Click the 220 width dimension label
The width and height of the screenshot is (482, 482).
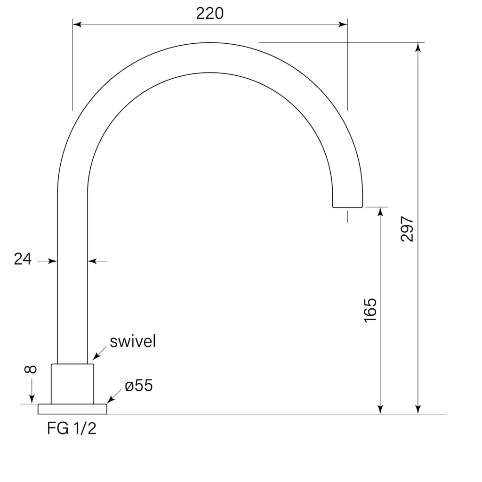click(x=209, y=13)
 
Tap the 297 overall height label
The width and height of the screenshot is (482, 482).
click(x=407, y=229)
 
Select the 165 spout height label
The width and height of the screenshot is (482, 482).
click(x=370, y=310)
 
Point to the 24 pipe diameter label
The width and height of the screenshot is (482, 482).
click(x=23, y=259)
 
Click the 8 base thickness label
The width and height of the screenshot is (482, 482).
click(x=31, y=369)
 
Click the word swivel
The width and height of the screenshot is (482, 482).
click(x=133, y=341)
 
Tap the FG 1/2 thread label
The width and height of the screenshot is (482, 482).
click(x=72, y=428)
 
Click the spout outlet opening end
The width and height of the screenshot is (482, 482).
click(x=347, y=207)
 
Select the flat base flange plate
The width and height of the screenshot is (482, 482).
click(x=72, y=409)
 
